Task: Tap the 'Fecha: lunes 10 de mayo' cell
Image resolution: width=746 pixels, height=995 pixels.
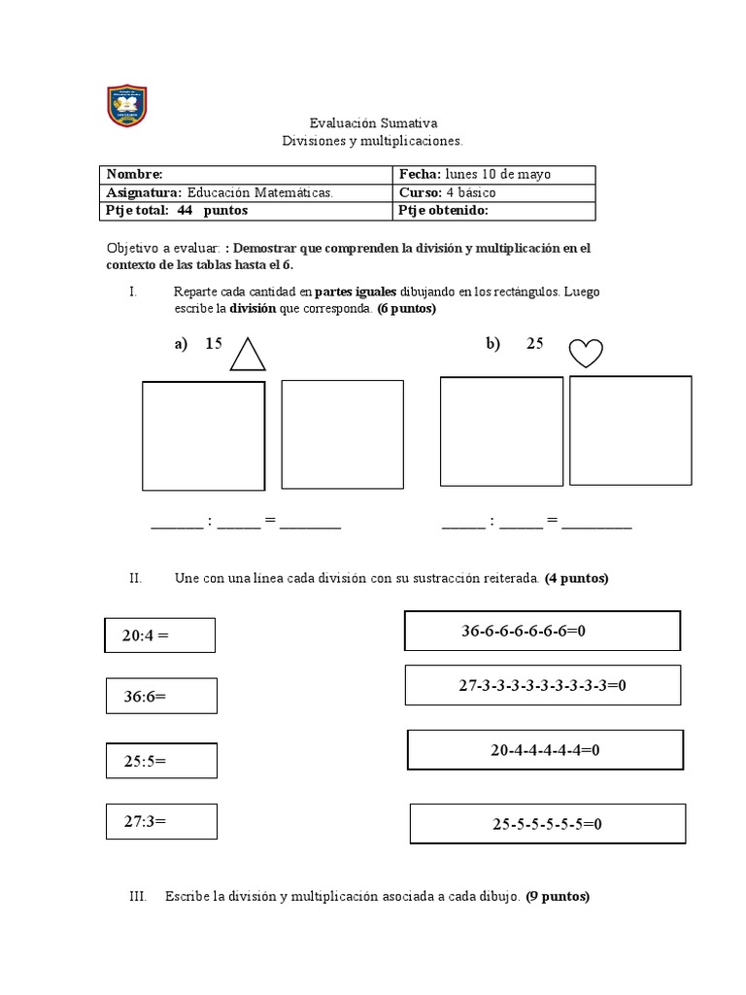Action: (x=474, y=174)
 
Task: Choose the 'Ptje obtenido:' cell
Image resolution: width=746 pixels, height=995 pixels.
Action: (x=443, y=210)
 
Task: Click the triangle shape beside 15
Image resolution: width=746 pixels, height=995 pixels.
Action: (x=248, y=355)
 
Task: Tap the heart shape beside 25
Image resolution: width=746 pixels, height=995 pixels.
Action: (x=586, y=353)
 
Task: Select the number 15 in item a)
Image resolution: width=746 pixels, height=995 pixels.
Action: (x=214, y=343)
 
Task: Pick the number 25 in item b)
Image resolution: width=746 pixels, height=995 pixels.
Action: (x=535, y=343)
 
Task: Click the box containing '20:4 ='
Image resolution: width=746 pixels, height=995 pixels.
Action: (x=160, y=635)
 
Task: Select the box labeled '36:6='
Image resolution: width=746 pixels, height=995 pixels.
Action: (x=161, y=696)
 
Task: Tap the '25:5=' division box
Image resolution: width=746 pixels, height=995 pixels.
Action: (x=161, y=761)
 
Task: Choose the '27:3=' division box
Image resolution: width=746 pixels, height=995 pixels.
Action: (x=161, y=821)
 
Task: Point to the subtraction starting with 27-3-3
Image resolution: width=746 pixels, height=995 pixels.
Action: (x=542, y=685)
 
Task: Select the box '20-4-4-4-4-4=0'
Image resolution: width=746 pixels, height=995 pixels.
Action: (x=545, y=749)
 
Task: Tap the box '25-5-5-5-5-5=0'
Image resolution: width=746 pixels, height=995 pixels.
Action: (x=548, y=824)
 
